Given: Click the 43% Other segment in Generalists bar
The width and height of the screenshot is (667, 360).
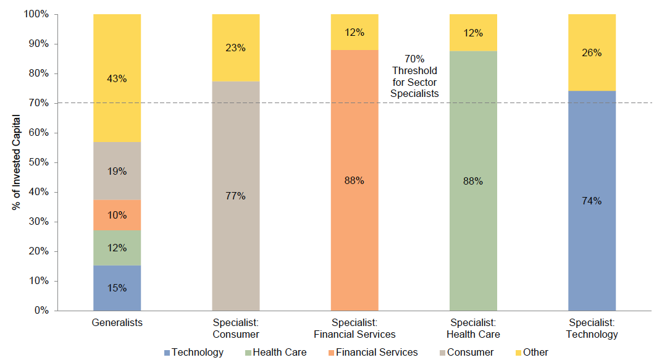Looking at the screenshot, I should pos(117,78).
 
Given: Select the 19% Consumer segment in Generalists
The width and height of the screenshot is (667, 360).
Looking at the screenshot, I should pos(117,171).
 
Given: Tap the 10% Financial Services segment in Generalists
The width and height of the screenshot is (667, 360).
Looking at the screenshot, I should pos(117,215).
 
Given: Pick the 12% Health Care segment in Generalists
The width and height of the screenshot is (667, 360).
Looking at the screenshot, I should pos(117,248).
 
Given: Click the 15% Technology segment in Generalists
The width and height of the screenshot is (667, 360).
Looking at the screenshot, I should pos(117,288).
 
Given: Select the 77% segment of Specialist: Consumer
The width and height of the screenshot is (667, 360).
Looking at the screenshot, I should pos(235,196).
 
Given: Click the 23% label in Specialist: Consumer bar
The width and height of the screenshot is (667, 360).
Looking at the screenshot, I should pos(235,48).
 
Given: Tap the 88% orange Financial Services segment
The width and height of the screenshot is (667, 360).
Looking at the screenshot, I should pos(354,180).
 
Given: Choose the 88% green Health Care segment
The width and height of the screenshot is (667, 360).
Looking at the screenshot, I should pos(473,181).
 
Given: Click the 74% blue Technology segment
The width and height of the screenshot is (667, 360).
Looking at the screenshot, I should pos(592,201).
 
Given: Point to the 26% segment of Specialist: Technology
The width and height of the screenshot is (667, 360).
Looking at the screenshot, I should pos(592,52).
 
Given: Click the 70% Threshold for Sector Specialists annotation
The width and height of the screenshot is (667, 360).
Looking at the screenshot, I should pos(414,76).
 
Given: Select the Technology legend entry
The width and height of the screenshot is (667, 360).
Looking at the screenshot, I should pos(193,352).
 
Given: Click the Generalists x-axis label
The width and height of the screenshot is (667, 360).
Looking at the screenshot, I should pos(117,322).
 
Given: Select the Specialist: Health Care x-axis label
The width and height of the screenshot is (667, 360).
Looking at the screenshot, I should pos(473,328).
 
